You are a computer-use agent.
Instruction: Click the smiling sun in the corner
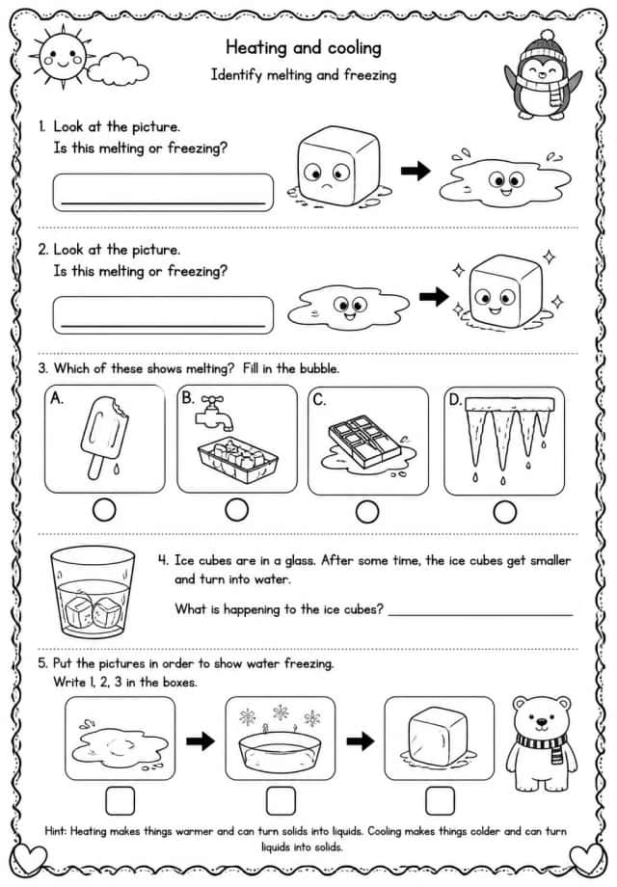click(x=63, y=58)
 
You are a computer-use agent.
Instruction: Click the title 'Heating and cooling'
click(x=303, y=47)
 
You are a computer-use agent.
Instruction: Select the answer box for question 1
click(x=163, y=192)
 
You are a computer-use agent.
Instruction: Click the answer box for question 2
click(x=163, y=315)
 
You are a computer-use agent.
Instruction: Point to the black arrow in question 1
click(x=416, y=171)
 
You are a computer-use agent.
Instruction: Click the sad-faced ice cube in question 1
click(x=337, y=165)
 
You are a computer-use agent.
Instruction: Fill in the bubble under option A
click(x=104, y=510)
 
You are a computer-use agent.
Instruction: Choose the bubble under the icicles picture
click(x=504, y=513)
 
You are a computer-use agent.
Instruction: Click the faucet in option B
click(x=213, y=413)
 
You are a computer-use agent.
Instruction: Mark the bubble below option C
click(x=367, y=511)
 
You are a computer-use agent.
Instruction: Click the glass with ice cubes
click(x=93, y=592)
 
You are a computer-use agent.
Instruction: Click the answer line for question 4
click(x=481, y=615)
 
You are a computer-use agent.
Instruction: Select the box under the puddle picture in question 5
click(x=121, y=801)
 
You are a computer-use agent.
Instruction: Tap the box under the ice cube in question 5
click(x=440, y=800)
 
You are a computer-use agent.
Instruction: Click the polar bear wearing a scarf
click(x=541, y=743)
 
